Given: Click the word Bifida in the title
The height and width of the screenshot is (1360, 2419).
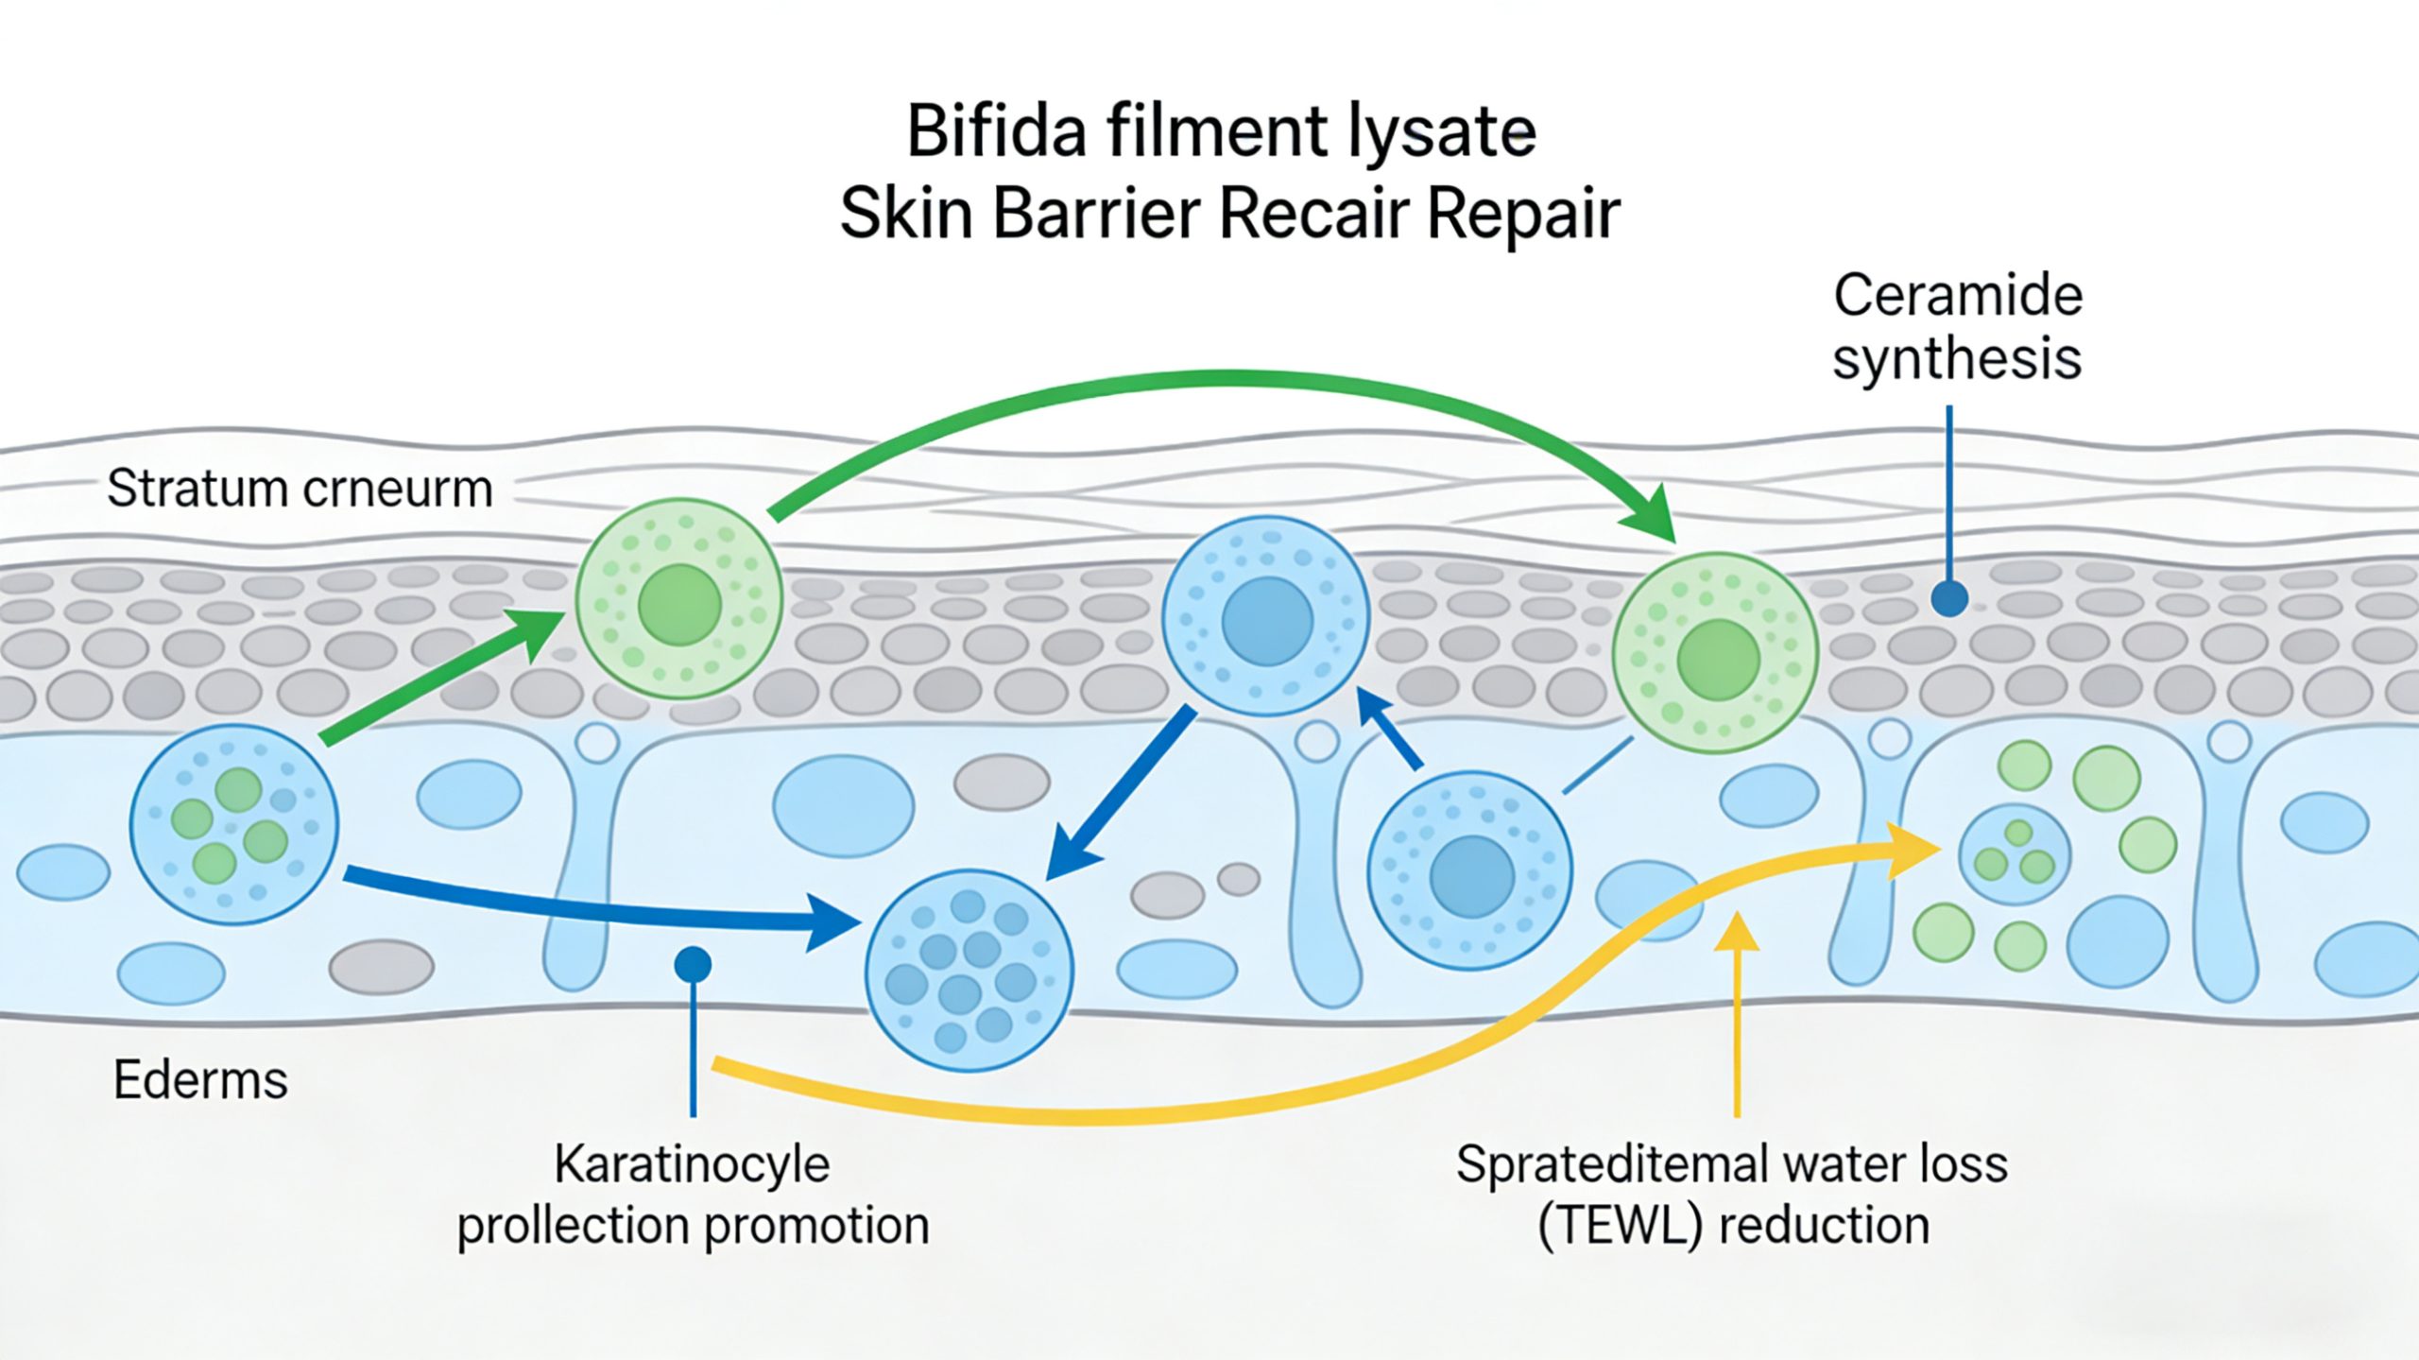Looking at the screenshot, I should (996, 132).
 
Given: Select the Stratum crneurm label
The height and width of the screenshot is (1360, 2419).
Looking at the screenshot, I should (300, 489).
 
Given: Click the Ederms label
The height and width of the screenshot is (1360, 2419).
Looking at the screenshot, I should (200, 1080).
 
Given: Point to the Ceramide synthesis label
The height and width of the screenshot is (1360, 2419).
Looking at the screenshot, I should (1958, 327).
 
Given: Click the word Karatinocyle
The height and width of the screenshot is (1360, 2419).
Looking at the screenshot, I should (692, 1164).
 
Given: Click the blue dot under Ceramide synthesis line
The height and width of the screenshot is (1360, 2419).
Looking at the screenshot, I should (1949, 598).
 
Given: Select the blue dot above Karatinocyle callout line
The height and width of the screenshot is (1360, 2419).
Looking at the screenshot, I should (693, 965).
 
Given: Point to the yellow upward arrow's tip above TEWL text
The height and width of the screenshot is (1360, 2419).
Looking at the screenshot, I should (1737, 926).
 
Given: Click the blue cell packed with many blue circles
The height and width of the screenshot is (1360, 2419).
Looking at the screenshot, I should (969, 970).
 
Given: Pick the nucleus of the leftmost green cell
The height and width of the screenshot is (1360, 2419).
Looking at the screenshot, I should (679, 605).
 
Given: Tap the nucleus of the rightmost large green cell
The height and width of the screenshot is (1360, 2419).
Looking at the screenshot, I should (1718, 660).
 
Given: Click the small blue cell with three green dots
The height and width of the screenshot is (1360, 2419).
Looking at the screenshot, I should (2015, 855).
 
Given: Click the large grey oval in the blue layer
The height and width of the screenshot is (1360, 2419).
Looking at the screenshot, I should (1002, 783).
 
